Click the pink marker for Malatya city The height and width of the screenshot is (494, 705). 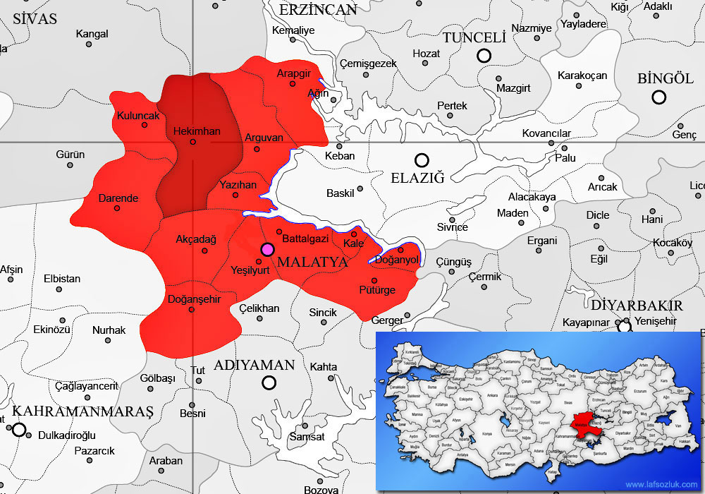click(267, 249)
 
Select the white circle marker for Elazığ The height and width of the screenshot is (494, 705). click(422, 160)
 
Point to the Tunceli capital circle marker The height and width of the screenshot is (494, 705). click(484, 56)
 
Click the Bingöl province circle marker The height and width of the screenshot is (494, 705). click(659, 97)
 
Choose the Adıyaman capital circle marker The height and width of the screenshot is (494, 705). click(269, 382)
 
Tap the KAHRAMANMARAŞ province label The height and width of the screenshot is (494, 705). click(83, 411)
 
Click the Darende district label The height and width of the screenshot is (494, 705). click(118, 198)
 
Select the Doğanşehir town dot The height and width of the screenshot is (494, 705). click(192, 309)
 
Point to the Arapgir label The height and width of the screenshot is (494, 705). click(294, 73)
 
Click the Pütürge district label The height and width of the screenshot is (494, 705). click(377, 290)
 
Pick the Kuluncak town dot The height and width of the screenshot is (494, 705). click(145, 125)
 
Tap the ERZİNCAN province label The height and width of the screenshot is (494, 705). click(318, 10)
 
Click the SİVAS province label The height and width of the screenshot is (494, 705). click(34, 19)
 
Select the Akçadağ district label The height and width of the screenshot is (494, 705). click(196, 239)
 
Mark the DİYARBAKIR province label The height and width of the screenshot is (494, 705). click(637, 306)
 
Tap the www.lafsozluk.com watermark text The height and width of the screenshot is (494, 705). click(661, 485)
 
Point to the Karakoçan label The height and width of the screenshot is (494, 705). click(582, 76)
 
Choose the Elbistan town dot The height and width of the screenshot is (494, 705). click(62, 289)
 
